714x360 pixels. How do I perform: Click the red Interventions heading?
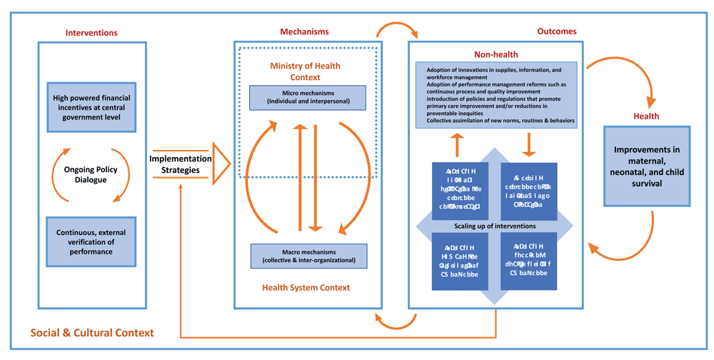tap(91, 33)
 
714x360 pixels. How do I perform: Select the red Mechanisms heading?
tap(304, 31)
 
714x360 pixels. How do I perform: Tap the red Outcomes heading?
tap(556, 31)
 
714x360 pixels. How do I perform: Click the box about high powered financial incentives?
tap(91, 107)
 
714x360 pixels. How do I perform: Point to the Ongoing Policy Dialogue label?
tap(91, 175)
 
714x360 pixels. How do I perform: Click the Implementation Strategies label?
tap(181, 165)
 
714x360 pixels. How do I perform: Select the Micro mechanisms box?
tap(307, 98)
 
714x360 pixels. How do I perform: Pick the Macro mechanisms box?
tap(308, 256)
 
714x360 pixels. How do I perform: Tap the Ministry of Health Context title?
tap(305, 71)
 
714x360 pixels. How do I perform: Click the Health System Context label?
tap(305, 287)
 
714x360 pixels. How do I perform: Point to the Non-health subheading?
tap(496, 54)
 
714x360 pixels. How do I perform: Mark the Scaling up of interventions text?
tap(495, 226)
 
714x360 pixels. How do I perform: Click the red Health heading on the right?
tap(646, 116)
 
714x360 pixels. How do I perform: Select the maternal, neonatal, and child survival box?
tap(646, 166)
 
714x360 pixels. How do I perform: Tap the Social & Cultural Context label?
tap(92, 333)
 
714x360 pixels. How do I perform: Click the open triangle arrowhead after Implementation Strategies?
tap(222, 165)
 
